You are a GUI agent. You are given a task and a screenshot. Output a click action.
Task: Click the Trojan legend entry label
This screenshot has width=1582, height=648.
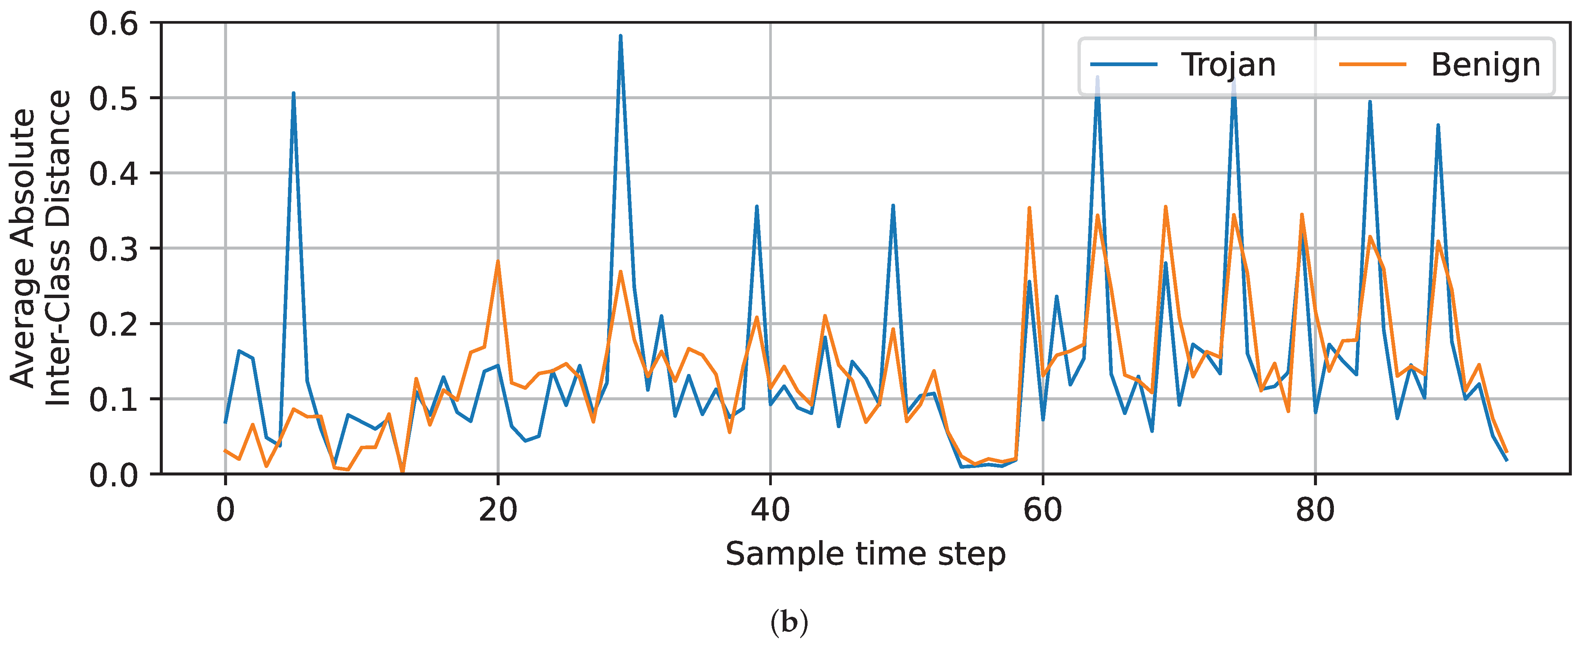point(1228,65)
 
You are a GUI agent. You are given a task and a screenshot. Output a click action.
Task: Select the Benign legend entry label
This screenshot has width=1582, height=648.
point(1485,65)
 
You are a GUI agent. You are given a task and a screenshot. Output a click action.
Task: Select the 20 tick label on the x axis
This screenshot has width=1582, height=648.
point(497,510)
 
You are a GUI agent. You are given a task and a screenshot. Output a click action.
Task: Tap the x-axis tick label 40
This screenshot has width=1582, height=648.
point(770,510)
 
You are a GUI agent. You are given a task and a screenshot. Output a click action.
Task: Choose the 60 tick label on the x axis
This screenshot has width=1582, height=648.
point(1043,510)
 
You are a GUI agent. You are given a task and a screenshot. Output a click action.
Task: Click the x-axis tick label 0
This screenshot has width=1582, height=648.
point(226,510)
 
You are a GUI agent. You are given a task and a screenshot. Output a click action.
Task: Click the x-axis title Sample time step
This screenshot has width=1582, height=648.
point(865,554)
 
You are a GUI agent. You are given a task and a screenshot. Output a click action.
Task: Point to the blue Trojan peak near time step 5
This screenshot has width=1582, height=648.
point(294,94)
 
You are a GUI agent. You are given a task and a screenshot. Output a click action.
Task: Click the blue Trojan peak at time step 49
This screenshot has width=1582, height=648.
point(893,206)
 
